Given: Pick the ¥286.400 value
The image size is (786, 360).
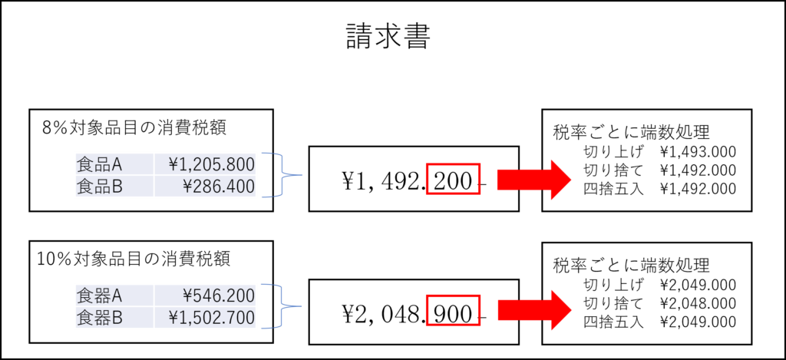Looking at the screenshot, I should [x=218, y=186].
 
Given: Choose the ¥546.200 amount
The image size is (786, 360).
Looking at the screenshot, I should [x=218, y=296].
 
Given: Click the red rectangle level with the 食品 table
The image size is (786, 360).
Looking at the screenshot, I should [x=453, y=179].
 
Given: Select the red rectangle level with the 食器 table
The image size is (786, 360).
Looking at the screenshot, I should [x=453, y=310].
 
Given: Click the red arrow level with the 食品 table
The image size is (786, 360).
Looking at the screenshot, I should [x=533, y=180].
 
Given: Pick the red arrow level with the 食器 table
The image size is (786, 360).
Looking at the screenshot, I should [x=533, y=310].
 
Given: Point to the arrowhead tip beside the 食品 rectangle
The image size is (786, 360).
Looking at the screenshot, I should [x=571, y=180].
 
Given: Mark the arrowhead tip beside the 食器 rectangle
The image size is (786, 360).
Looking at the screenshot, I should [x=571, y=310].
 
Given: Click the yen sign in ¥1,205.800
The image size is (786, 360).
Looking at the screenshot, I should [x=173, y=163].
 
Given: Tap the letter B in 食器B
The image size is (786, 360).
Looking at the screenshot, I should [x=117, y=318].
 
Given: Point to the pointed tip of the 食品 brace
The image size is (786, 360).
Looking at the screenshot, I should [x=302, y=175].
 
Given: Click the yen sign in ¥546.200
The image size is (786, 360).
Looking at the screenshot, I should [x=188, y=296].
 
